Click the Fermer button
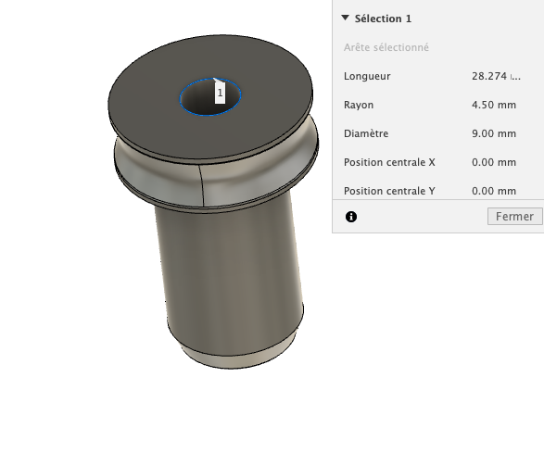tap(515, 217)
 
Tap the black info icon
tap(351, 217)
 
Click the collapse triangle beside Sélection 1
tap(345, 18)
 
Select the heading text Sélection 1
tap(383, 19)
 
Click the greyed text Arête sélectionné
tap(386, 47)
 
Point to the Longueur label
tap(367, 76)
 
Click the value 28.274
tap(489, 76)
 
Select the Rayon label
tap(359, 105)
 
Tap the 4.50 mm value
tap(494, 105)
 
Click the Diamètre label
tap(366, 133)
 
